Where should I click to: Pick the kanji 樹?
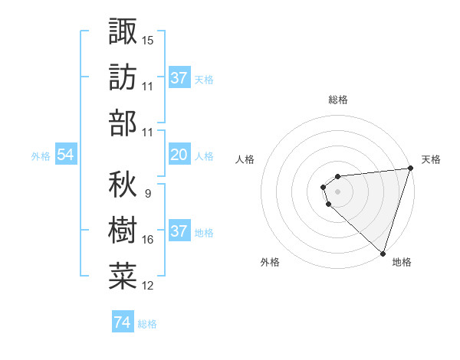pos(123,229)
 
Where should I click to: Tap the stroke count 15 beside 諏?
pos(148,39)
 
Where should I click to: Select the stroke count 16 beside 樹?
pos(148,240)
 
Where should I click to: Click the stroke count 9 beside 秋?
pos(147,193)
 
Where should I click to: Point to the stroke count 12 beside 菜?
pos(148,286)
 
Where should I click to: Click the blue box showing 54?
pos(65,155)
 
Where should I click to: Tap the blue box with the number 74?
pos(122,322)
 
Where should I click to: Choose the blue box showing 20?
pos(179,155)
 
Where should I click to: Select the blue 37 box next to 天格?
pos(179,77)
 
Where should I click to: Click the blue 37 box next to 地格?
pos(179,231)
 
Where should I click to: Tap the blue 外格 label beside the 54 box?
pos(41,156)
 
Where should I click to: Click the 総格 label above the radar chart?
pos(337,100)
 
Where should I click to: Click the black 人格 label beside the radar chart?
pos(245,159)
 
